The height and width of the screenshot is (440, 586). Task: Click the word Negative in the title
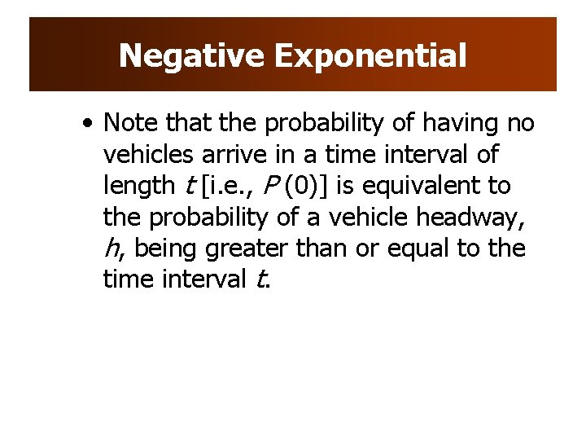pos(192,56)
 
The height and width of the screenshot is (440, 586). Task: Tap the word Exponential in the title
pos(370,56)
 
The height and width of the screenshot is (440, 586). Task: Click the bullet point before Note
pos(86,124)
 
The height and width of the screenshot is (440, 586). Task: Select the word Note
pos(131,123)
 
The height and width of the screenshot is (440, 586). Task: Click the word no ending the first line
pos(520,123)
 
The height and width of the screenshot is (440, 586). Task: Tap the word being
pos(168,249)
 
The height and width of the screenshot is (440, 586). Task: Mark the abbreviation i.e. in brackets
pos(222,186)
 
